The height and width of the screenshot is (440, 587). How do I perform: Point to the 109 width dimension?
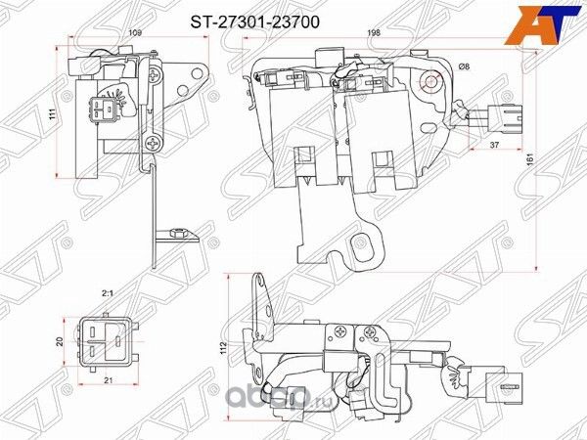[135, 34]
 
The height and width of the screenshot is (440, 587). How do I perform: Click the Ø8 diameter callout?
[464, 66]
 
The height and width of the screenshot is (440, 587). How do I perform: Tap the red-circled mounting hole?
[430, 82]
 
